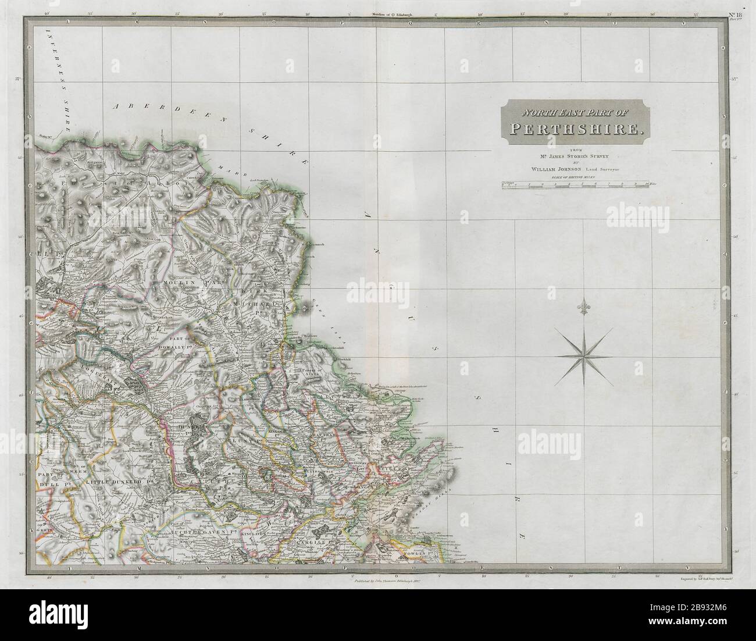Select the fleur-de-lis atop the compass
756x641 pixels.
583,306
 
